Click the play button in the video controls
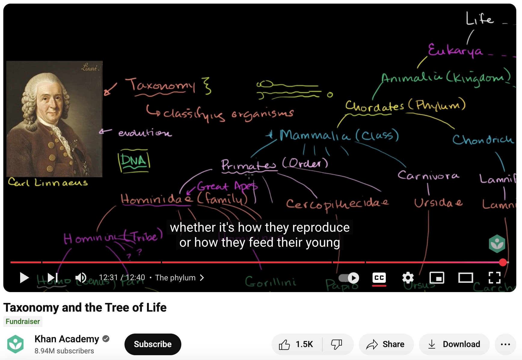pos(24,278)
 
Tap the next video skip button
pos(53,278)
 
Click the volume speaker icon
pos(81,278)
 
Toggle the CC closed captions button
pos(379,278)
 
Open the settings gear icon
pos(408,278)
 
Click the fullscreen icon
pos(494,278)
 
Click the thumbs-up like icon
pos(284,344)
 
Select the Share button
pos(386,344)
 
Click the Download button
pos(454,344)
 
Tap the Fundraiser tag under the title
pos(23,322)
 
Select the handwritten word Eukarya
pos(455,50)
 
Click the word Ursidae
pos(438,203)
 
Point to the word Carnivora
pos(428,175)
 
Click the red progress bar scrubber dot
pos(503,262)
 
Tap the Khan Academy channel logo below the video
pos(16,344)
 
